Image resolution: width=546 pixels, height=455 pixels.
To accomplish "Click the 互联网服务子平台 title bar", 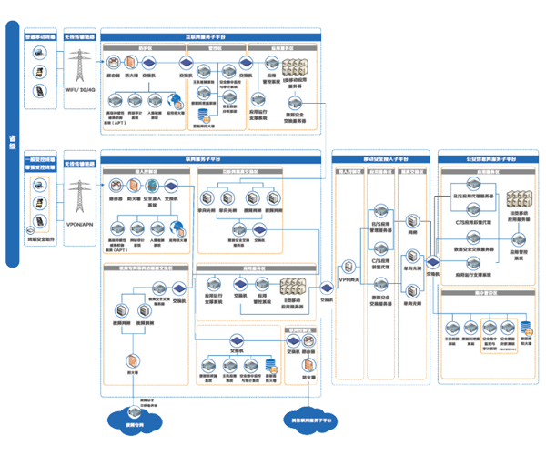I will coord(210,35).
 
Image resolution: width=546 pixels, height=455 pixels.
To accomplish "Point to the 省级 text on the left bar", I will coord(12,141).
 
